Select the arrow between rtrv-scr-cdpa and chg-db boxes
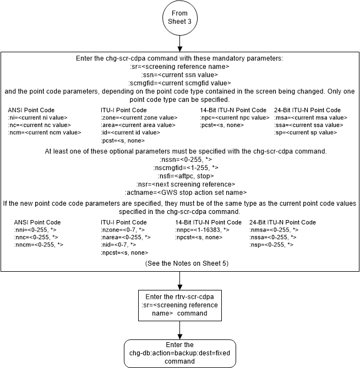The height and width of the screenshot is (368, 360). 179,329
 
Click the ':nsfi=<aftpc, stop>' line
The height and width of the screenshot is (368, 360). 180,175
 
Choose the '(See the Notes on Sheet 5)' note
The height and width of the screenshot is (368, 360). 180,264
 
